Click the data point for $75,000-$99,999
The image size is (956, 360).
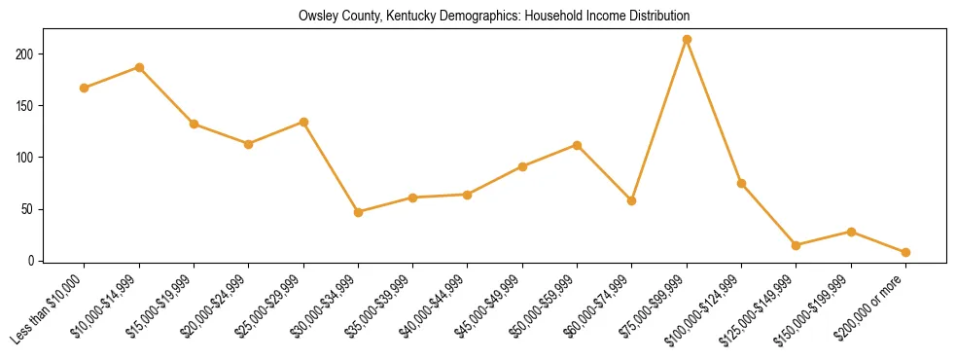coord(687,40)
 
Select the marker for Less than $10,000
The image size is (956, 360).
coord(85,88)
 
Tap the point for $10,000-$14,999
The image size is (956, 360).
coord(139,67)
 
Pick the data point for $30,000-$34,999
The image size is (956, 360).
coord(358,212)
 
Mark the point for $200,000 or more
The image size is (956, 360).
coord(905,252)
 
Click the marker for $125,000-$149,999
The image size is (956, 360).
coord(797,245)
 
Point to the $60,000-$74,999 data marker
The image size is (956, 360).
coord(632,200)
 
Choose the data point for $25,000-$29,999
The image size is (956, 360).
coord(303,122)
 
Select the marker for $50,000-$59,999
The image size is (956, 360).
coord(577,145)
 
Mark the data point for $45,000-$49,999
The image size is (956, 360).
coord(522,166)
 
